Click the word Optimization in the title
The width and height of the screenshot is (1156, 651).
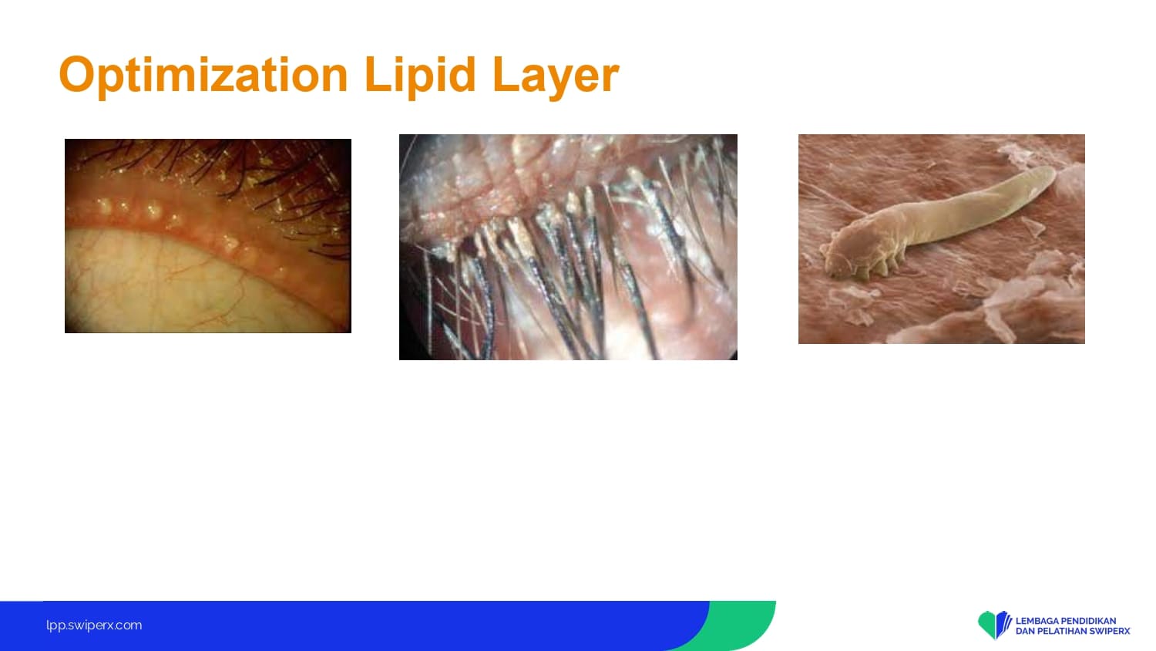tap(203, 76)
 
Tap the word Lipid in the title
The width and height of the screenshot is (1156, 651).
tap(419, 76)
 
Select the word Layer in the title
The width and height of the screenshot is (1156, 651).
tap(556, 76)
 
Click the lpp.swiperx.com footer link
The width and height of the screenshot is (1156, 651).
tap(94, 626)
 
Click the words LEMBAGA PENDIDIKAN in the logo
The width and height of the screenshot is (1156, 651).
tap(1066, 620)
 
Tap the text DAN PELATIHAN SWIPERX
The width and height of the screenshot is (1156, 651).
tap(1073, 631)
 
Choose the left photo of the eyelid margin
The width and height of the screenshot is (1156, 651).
tap(208, 235)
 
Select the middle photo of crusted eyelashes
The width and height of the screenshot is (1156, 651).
tap(568, 247)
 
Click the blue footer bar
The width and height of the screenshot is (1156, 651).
tap(351, 626)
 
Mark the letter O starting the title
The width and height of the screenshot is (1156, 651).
tap(79, 74)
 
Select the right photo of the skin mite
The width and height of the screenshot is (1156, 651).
tap(941, 238)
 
